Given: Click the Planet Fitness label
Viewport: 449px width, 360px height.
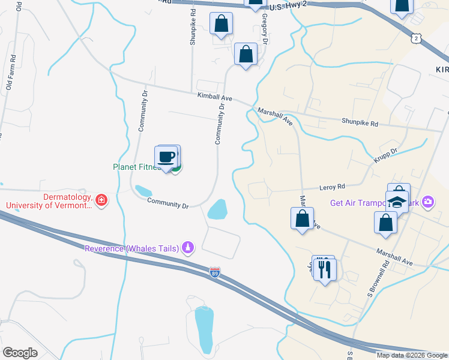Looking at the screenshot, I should (136, 167).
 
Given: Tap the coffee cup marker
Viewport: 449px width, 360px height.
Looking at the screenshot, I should (166, 157).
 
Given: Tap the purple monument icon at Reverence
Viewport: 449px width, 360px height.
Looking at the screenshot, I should (188, 247).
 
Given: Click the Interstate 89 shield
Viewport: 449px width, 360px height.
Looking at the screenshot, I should (215, 272).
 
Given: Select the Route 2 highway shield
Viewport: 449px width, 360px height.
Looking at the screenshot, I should (416, 38).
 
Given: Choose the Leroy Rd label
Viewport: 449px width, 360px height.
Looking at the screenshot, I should (333, 187).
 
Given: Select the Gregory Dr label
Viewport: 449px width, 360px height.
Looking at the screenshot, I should (263, 28).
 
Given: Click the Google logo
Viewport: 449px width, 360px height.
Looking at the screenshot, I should (20, 353).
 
